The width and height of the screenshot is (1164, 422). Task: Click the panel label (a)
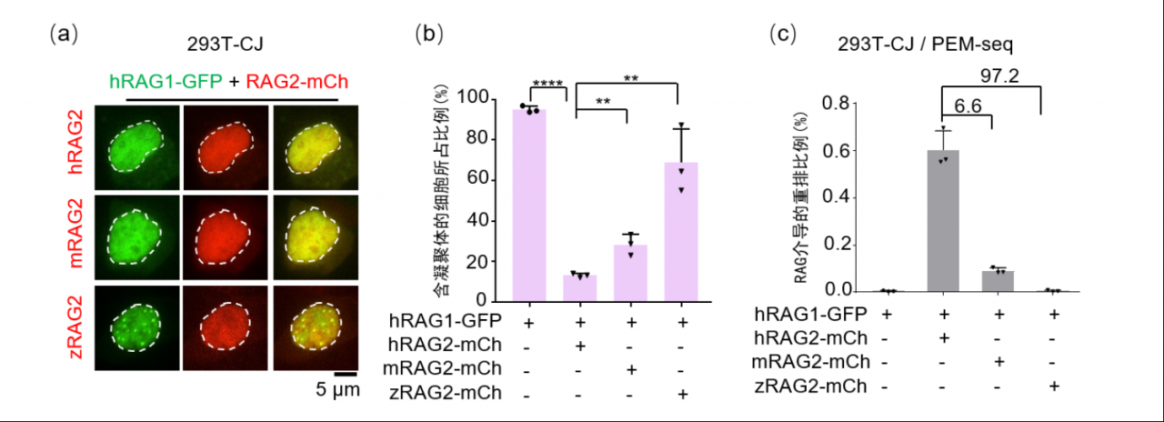click(63, 35)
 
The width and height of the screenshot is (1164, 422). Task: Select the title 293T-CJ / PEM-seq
click(925, 45)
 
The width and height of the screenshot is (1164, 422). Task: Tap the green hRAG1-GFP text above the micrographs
click(166, 82)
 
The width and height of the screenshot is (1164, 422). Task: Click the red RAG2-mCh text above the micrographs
click(296, 82)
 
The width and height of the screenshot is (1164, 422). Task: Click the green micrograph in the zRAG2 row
click(137, 328)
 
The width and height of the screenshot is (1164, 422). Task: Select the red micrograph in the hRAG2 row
click(226, 147)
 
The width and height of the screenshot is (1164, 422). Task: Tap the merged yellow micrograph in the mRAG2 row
click(316, 237)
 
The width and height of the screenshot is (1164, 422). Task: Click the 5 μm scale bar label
click(337, 389)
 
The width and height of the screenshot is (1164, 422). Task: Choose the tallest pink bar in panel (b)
click(529, 206)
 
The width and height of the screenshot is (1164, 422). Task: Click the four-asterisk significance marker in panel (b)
click(547, 83)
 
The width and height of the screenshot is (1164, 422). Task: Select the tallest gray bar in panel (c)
click(943, 220)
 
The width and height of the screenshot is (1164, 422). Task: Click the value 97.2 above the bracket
click(999, 76)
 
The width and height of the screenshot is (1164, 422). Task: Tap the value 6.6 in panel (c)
click(968, 106)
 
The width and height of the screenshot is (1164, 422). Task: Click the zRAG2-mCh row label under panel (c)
click(810, 387)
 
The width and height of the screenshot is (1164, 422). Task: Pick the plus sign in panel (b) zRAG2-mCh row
click(682, 394)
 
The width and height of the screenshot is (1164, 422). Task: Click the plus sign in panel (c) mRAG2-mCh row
click(998, 361)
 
